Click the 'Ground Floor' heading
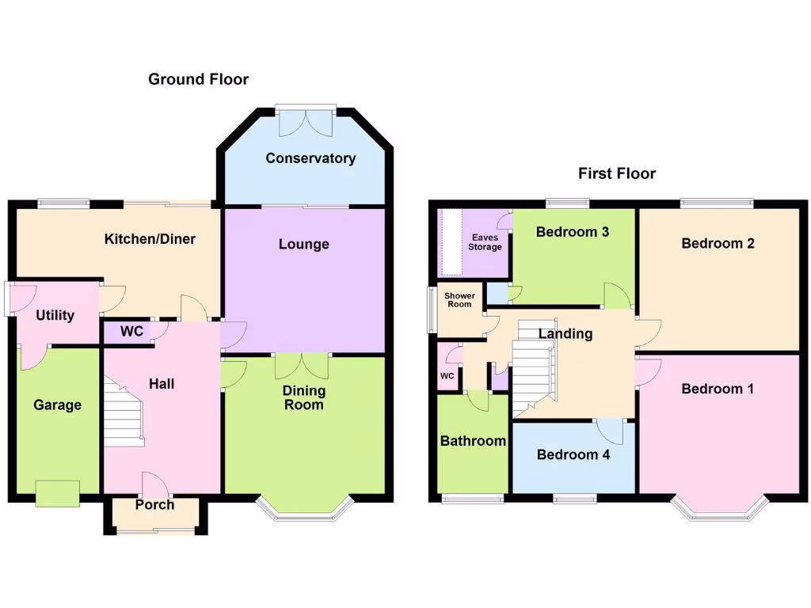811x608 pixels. point(198,79)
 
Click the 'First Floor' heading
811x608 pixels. point(617,173)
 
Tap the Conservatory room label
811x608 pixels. point(310,158)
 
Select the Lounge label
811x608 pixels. point(303,244)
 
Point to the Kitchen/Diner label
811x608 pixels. point(150,239)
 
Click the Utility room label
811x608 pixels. point(55,315)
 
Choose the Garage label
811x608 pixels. point(57,405)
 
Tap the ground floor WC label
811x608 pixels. point(131,331)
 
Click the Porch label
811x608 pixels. point(154,504)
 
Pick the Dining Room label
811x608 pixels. point(304,397)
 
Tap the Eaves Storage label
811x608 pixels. point(485,242)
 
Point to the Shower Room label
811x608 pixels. point(459,300)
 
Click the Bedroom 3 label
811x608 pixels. point(572,232)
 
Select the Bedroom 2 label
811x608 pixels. point(718,243)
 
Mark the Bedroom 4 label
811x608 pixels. point(573,454)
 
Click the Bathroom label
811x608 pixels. point(473,441)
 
